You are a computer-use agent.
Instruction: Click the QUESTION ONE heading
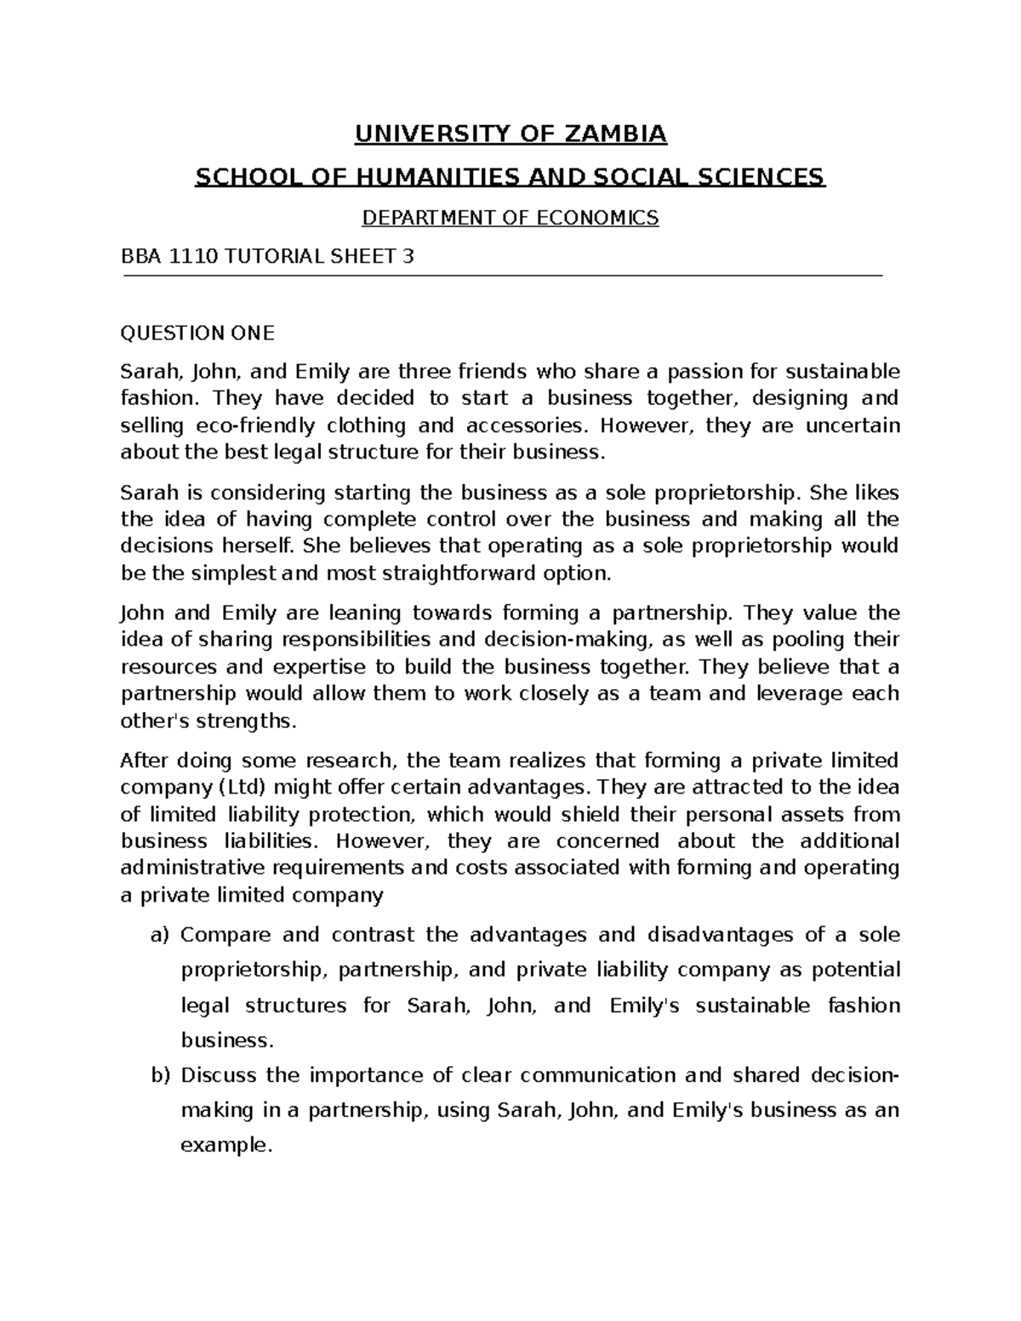tap(197, 333)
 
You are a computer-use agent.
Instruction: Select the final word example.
tap(226, 1146)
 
